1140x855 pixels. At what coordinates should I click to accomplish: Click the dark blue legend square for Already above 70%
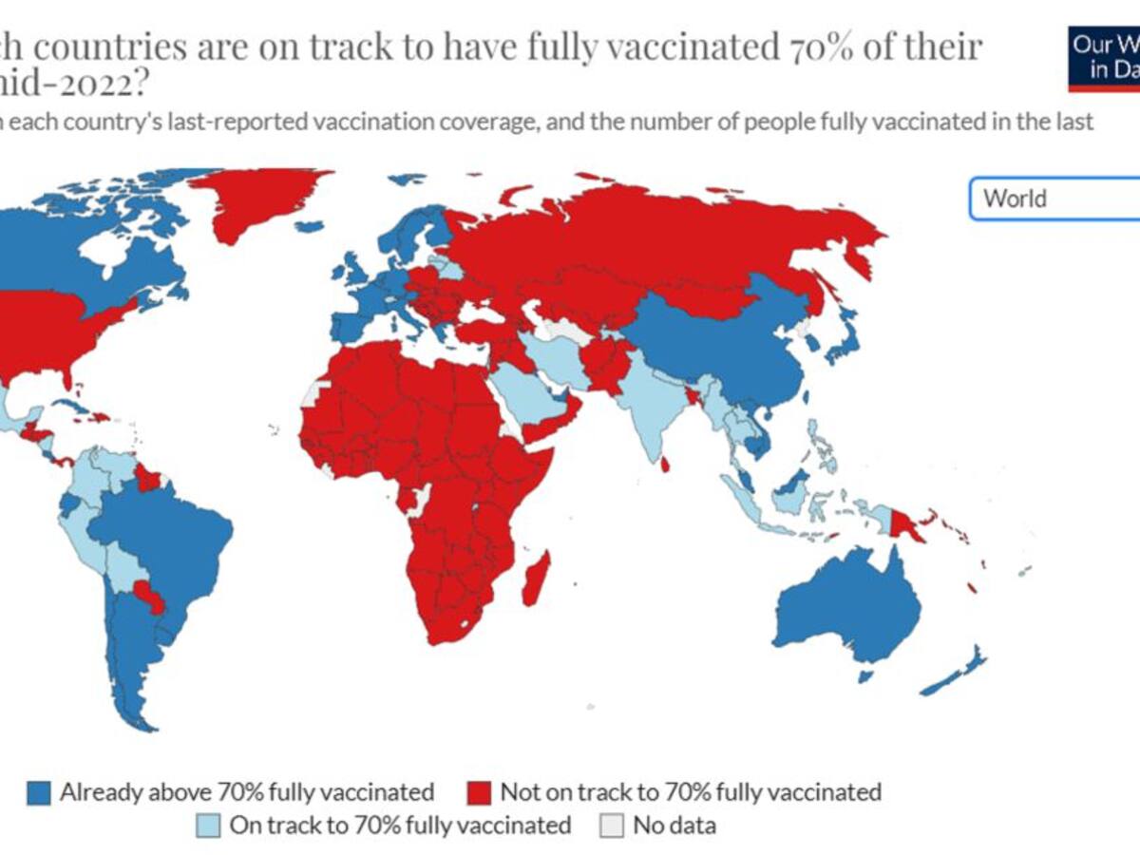tap(39, 791)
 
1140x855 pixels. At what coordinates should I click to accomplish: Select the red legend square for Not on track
tap(480, 791)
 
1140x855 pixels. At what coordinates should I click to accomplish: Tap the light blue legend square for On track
tap(208, 825)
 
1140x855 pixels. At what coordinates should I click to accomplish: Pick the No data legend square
tap(613, 825)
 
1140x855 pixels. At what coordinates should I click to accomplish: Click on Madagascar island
tap(536, 579)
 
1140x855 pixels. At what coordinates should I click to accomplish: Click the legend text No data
tap(674, 825)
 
